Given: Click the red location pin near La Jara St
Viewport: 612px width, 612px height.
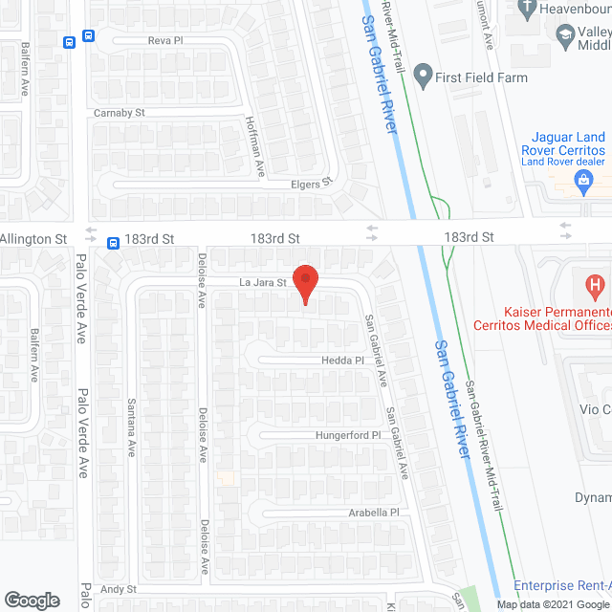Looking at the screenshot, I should [x=305, y=284].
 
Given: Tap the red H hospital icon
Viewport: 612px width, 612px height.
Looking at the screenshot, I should [x=595, y=284].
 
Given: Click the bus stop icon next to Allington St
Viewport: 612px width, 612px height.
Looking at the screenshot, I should [x=113, y=243].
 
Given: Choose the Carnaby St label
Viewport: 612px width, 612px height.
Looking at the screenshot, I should [x=119, y=113].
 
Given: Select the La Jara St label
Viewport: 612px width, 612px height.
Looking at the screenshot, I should [x=263, y=283].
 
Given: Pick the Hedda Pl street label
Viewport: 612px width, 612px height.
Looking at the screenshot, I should [x=343, y=361].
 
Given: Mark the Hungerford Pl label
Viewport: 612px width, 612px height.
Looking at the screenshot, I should [x=349, y=435].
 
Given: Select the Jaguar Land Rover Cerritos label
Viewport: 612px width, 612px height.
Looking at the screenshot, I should [x=564, y=143].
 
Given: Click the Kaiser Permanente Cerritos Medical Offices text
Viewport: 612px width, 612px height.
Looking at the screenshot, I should [x=558, y=319].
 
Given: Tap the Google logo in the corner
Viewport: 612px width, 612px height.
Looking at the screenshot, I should [x=31, y=601].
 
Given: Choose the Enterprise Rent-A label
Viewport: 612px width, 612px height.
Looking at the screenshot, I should [x=562, y=585].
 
